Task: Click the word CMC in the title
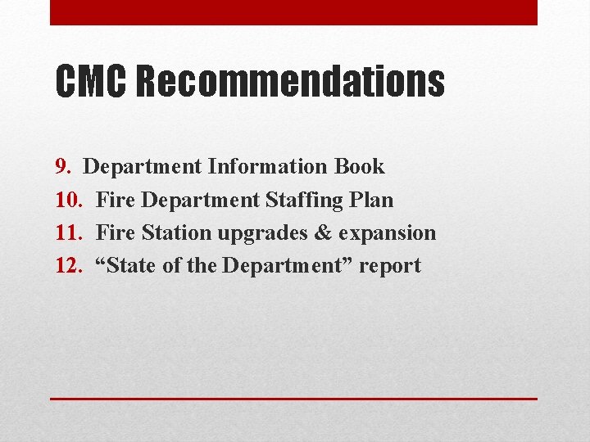pyautogui.click(x=90, y=82)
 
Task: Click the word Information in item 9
pyautogui.click(x=268, y=167)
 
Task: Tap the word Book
pyautogui.click(x=359, y=167)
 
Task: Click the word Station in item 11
pyautogui.click(x=175, y=232)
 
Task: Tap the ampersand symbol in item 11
pyautogui.click(x=322, y=232)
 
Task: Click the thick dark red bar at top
pyautogui.click(x=293, y=12)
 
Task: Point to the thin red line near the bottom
pyautogui.click(x=293, y=399)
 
